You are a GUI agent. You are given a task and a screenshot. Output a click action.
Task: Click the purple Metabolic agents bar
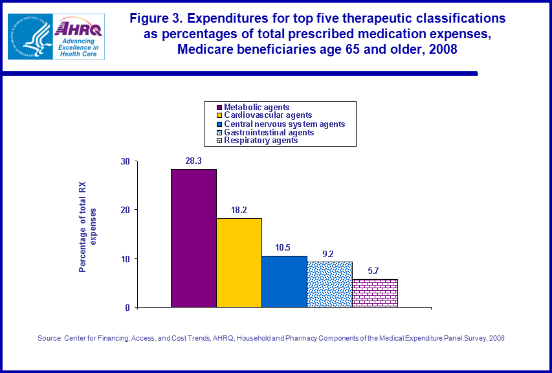193,238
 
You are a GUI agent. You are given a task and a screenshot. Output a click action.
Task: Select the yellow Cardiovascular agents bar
239,262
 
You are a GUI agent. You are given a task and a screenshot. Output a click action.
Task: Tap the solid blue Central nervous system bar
284,281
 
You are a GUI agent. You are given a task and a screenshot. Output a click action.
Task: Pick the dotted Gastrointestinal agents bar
329,284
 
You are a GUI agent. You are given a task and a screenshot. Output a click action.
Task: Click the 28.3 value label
193,161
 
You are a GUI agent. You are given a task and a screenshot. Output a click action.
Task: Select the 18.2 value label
239,210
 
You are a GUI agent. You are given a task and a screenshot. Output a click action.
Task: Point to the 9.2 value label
329,254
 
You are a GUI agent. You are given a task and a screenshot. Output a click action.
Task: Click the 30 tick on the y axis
126,161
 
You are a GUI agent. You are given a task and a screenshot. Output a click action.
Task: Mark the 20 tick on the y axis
126,210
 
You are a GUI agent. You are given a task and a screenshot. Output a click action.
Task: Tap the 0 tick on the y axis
127,307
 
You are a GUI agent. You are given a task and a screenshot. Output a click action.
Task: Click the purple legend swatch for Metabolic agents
219,107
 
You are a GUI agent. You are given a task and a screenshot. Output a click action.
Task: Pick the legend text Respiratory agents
260,140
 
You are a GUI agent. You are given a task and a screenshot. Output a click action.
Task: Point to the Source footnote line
270,338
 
